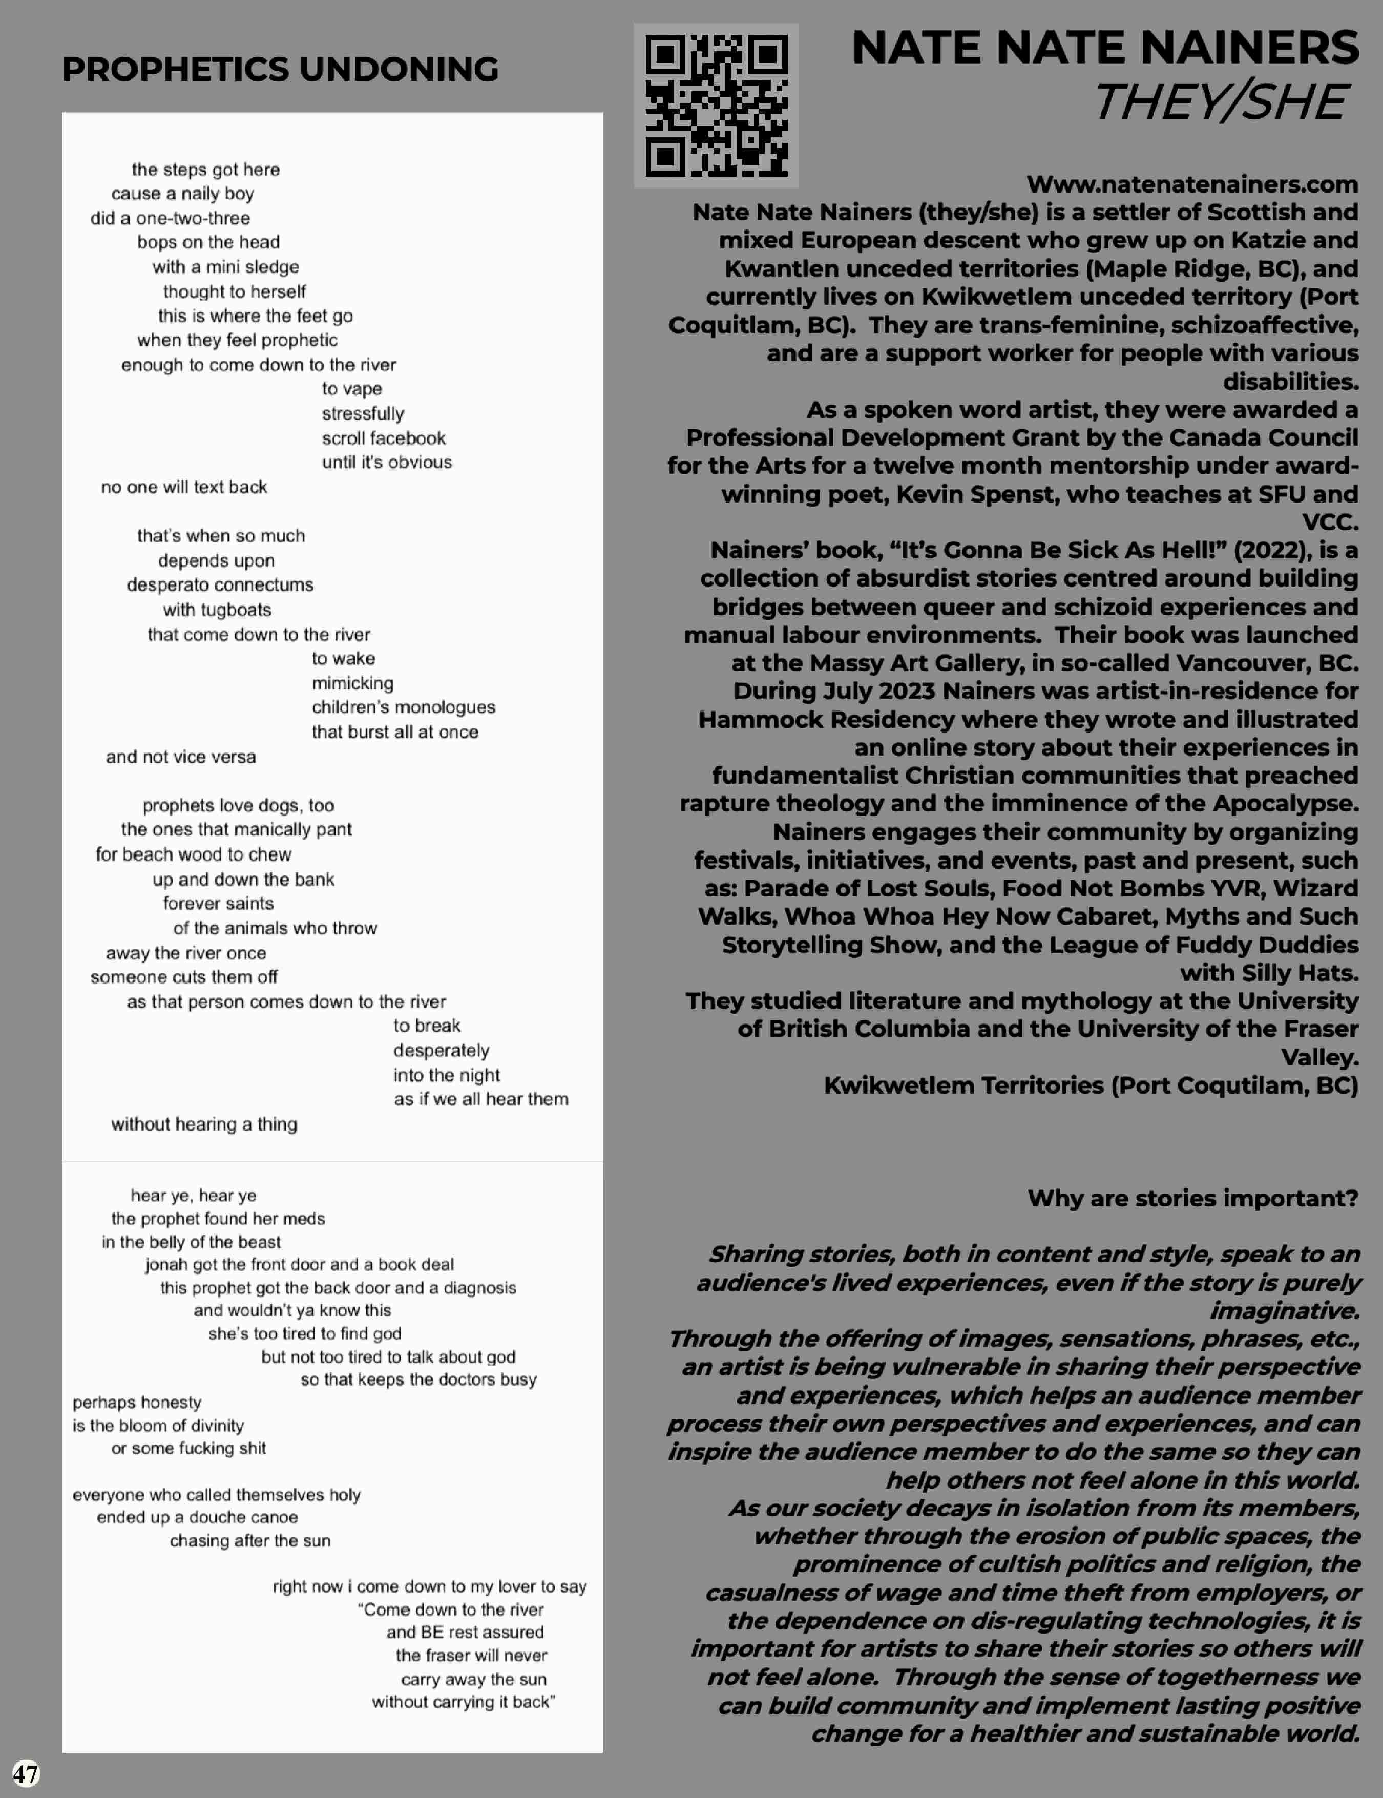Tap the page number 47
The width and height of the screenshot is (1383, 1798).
(x=26, y=1772)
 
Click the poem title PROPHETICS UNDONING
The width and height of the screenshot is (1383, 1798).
(x=280, y=69)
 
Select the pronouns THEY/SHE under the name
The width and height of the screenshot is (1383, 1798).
(x=1220, y=102)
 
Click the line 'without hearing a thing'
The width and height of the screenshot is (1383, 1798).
(x=204, y=1124)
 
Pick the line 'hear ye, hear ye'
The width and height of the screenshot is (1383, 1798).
(x=194, y=1196)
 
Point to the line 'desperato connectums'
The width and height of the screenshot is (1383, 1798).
(x=220, y=584)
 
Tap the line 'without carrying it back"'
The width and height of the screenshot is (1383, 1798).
(x=464, y=1702)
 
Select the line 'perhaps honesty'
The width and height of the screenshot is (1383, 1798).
(x=137, y=1402)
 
